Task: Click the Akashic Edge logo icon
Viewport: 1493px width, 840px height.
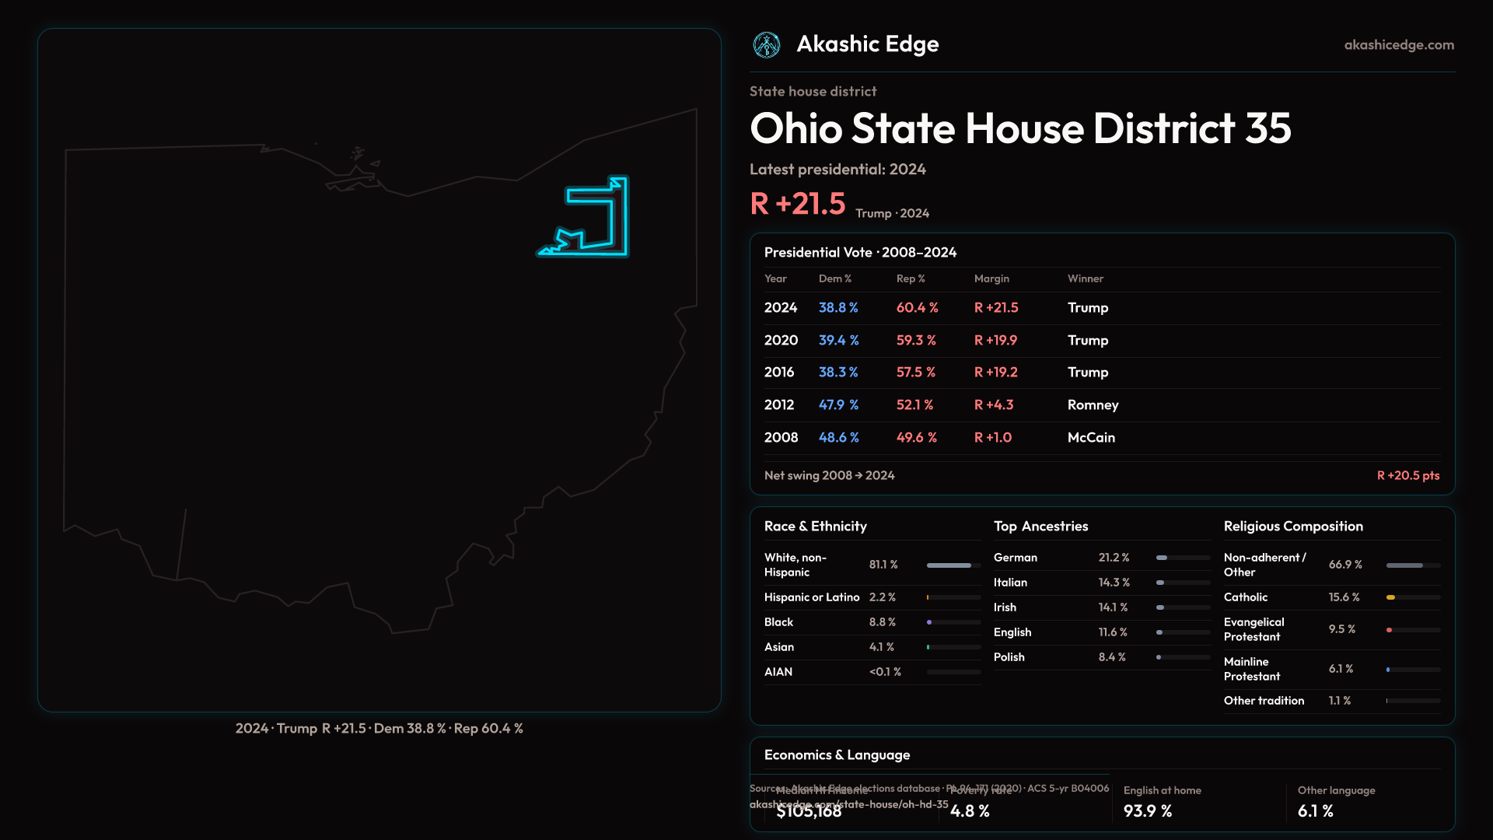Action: [767, 45]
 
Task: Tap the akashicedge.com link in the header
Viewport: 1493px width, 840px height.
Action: [1399, 45]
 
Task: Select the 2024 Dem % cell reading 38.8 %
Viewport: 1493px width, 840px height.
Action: [838, 308]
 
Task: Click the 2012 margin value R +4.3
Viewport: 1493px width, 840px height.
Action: [994, 405]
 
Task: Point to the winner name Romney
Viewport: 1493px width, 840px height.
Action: [1093, 405]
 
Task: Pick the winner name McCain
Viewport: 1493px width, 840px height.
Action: [1091, 438]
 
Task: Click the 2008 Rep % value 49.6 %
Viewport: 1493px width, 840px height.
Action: [917, 438]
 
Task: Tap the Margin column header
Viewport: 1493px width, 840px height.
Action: [991, 278]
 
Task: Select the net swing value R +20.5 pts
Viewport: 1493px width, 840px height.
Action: [1408, 475]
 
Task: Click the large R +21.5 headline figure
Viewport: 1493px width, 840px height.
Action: [798, 204]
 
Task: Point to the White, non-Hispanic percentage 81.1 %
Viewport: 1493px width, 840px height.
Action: [883, 565]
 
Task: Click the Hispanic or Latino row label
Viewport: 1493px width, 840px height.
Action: [812, 597]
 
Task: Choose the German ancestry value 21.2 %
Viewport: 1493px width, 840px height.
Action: [1114, 558]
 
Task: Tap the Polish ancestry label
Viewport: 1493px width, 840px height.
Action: [1009, 657]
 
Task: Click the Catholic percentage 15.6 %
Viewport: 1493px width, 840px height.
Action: [1344, 597]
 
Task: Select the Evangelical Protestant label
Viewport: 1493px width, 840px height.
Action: [1253, 629]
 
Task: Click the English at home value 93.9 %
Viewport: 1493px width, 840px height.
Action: [1148, 811]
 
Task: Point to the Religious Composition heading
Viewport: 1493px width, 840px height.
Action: [1293, 527]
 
